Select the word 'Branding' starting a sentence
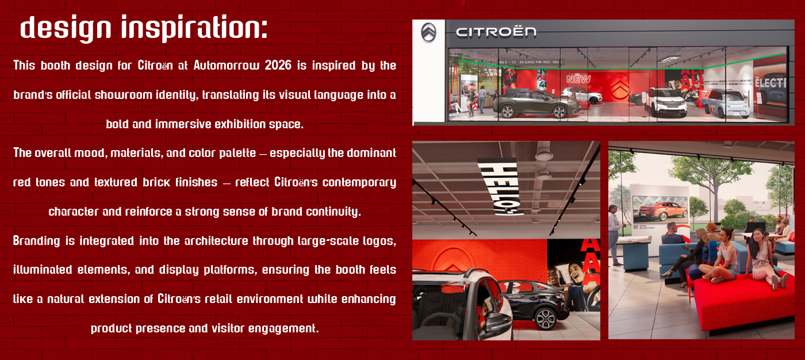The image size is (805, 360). (36, 241)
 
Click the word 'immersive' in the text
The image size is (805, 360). (184, 124)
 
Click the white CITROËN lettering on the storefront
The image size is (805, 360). (496, 32)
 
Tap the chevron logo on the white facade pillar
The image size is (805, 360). (428, 33)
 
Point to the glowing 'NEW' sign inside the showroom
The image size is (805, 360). (578, 79)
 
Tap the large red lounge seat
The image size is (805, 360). (742, 299)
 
